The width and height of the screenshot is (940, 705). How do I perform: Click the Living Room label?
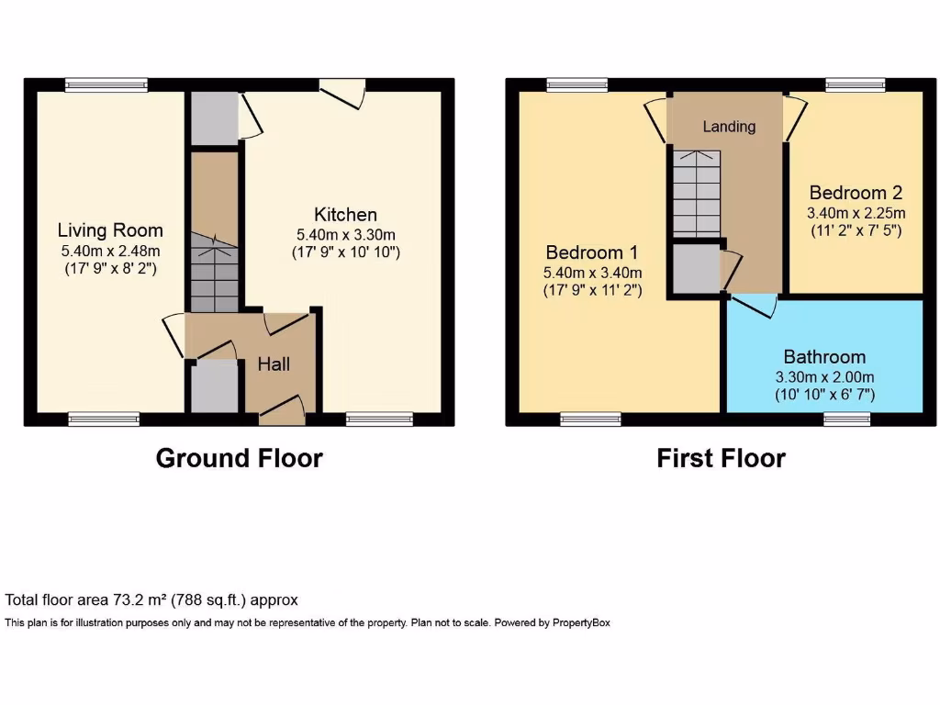tap(110, 230)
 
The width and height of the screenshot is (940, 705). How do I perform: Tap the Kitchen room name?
tap(345, 215)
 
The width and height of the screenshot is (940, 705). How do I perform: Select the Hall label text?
tap(274, 364)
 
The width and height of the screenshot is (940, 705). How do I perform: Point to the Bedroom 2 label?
tap(856, 193)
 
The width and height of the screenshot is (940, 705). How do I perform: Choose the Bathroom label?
tap(824, 356)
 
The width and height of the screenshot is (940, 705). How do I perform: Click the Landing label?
tap(729, 127)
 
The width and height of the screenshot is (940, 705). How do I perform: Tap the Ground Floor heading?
tap(239, 458)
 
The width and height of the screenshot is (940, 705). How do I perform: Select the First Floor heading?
tap(721, 458)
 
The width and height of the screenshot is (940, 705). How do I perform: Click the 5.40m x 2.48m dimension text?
tap(110, 252)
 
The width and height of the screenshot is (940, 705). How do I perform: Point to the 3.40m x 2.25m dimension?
tap(856, 213)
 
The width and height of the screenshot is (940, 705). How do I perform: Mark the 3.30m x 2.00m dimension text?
tap(824, 376)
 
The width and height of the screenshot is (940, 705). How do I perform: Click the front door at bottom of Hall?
tap(283, 409)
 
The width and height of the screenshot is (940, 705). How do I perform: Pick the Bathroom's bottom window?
tap(846, 419)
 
